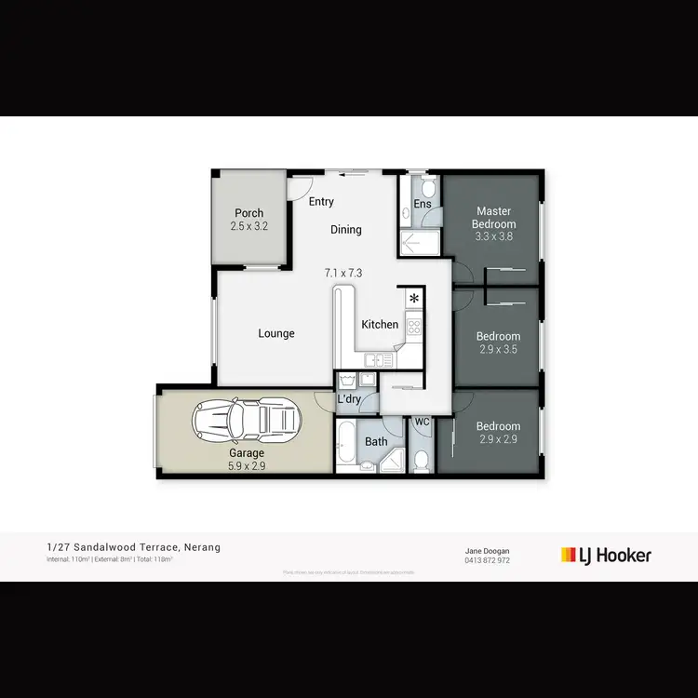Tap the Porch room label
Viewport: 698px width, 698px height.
[x=248, y=213]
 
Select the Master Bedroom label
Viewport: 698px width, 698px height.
[x=494, y=218]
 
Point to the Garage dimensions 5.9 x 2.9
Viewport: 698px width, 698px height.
[x=248, y=466]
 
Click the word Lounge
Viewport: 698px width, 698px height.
[x=276, y=333]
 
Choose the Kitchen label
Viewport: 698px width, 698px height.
[x=381, y=325]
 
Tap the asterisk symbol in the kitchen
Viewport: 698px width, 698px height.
[x=414, y=299]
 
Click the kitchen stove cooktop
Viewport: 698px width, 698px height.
[x=414, y=327]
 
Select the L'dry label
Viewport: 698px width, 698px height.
[x=349, y=399]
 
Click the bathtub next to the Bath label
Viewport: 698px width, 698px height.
[x=344, y=446]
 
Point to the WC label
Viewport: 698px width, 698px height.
[x=421, y=423]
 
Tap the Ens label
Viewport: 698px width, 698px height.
[x=423, y=204]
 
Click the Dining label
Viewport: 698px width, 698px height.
[x=345, y=230]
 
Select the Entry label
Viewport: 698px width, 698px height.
[x=321, y=202]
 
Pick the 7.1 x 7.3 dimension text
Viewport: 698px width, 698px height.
[x=342, y=273]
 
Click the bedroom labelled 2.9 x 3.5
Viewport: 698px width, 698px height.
[x=498, y=342]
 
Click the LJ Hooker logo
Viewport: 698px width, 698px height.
[x=606, y=555]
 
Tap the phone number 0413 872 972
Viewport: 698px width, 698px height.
[x=487, y=560]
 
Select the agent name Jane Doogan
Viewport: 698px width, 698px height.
[x=487, y=550]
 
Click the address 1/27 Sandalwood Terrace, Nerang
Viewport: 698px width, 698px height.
[x=134, y=547]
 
